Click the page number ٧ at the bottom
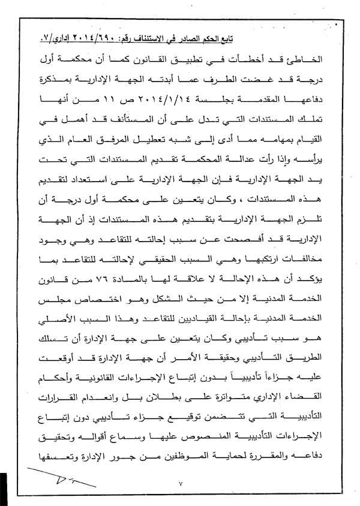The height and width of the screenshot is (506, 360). click(x=180, y=483)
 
